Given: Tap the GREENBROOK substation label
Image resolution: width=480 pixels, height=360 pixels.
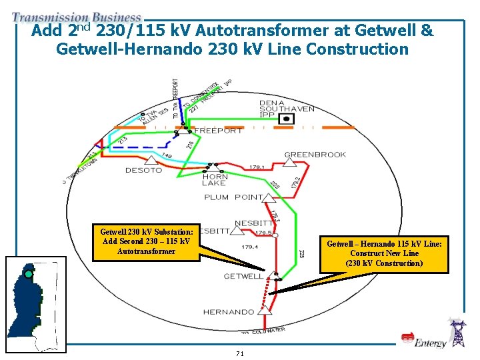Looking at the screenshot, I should point(315,155).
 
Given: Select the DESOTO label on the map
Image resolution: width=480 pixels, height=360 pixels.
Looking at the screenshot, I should point(143,170).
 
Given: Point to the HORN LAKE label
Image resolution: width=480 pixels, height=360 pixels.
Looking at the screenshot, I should point(215,180).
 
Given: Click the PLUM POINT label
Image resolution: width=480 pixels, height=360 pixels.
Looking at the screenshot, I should point(234,197).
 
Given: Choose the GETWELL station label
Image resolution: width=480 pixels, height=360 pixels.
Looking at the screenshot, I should point(243,276).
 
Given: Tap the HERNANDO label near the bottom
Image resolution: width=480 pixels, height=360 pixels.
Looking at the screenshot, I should point(229,312).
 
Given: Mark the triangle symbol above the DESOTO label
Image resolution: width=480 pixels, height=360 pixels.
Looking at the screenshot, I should point(151,160).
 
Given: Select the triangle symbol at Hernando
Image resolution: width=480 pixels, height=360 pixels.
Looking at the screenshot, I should point(265,309).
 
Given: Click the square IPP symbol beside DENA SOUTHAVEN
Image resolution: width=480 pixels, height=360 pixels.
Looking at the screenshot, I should point(287,118).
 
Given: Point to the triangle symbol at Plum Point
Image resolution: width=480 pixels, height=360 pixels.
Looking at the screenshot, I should point(268,197).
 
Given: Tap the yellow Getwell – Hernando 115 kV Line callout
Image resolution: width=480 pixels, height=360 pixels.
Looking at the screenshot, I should point(384,254).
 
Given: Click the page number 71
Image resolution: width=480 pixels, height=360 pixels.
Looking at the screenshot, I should point(240,353).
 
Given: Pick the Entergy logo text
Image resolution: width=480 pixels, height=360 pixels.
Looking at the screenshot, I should point(430,343).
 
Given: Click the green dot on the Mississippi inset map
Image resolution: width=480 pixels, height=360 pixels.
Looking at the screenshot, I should point(29,274).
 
